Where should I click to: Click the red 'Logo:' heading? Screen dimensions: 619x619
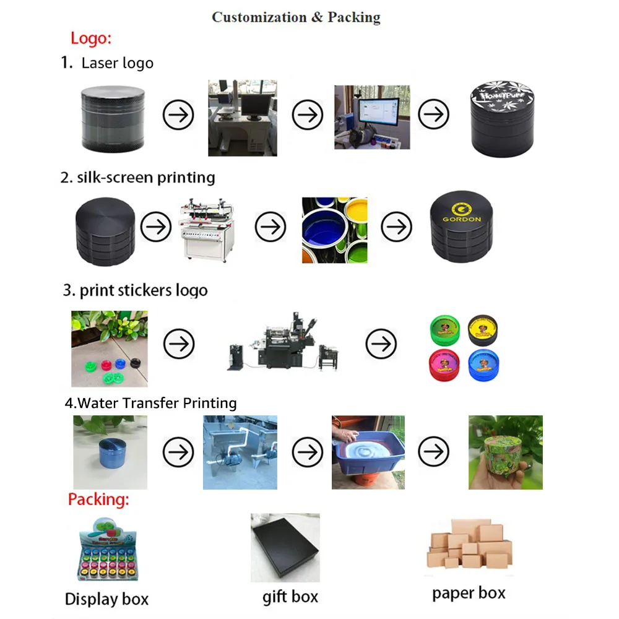click(x=90, y=38)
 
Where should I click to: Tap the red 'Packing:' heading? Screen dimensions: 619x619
click(x=98, y=500)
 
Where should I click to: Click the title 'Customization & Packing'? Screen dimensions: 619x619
click(x=296, y=17)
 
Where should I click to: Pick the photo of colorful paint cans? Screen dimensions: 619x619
click(x=334, y=230)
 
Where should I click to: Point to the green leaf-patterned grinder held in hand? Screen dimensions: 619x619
click(x=505, y=452)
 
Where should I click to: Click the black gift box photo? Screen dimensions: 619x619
click(x=285, y=548)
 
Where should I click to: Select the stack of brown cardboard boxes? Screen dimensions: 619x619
click(x=469, y=545)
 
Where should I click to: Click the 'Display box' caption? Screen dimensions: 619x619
click(x=106, y=599)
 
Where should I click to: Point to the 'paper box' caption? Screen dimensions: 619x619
click(x=469, y=593)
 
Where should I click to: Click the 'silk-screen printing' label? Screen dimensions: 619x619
click(x=145, y=178)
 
